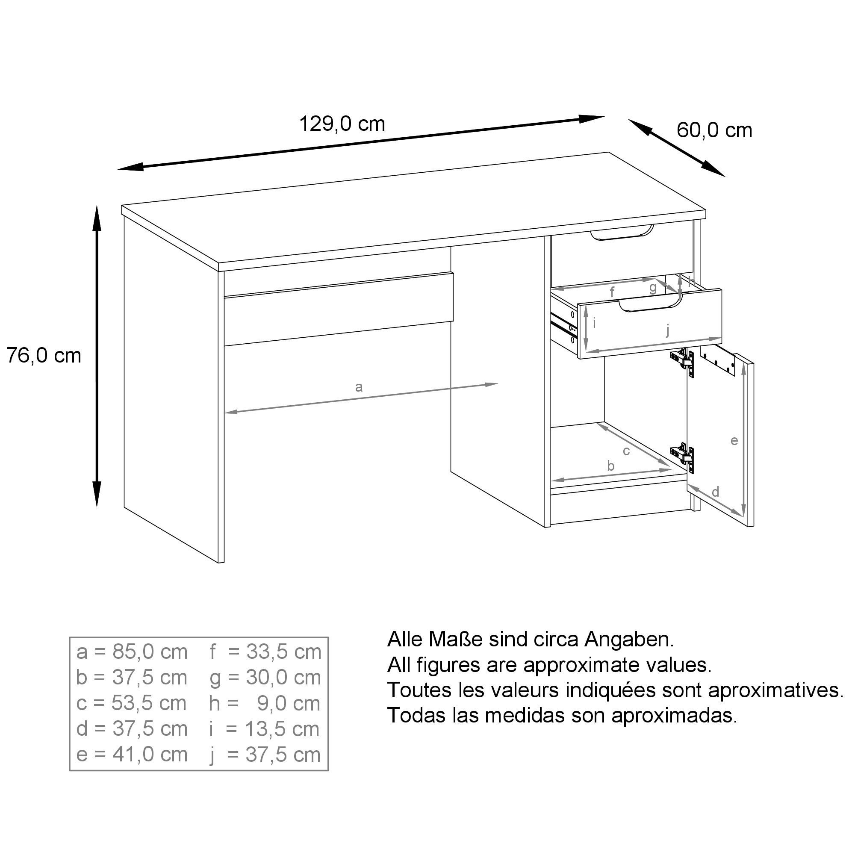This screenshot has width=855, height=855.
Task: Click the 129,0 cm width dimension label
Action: point(342,124)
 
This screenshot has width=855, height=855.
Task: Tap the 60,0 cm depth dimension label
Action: point(714,130)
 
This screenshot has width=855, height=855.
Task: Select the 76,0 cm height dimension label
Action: point(44,356)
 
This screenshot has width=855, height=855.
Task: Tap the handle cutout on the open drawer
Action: point(650,305)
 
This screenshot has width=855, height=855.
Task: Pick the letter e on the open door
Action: point(734,441)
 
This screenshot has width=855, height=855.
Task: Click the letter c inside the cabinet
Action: point(626,451)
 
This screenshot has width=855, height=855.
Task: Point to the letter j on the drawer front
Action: point(668,330)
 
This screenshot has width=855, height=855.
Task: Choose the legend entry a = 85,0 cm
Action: point(132,652)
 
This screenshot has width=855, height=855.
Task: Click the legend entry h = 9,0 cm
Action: point(265,704)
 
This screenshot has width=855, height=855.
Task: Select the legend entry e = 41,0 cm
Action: point(132,755)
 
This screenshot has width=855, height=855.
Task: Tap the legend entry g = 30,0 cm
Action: point(265,678)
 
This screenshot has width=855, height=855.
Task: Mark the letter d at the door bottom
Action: point(715,492)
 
